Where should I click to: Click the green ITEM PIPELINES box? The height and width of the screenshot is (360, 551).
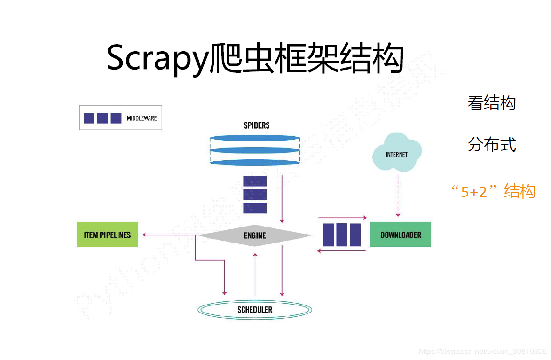108,235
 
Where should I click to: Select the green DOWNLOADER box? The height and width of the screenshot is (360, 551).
401,235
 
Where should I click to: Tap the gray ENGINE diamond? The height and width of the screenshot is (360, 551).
255,235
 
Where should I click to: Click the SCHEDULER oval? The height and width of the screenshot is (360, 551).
255,310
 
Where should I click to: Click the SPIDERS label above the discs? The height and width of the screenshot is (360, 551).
257,125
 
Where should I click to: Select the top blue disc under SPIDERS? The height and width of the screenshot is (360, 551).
254,138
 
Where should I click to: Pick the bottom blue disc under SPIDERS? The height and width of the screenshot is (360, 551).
254,162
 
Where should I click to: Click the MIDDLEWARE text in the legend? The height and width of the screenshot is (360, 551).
142,118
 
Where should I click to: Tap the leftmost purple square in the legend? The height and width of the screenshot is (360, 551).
89,118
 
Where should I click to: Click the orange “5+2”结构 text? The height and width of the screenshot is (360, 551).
493,191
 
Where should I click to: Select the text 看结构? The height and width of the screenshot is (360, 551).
492,103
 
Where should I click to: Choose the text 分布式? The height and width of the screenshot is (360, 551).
492,144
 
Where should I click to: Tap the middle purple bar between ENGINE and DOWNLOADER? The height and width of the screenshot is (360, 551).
342,235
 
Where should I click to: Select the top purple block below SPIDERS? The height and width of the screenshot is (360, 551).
255,181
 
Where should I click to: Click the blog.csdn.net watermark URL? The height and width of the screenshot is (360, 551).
482,351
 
